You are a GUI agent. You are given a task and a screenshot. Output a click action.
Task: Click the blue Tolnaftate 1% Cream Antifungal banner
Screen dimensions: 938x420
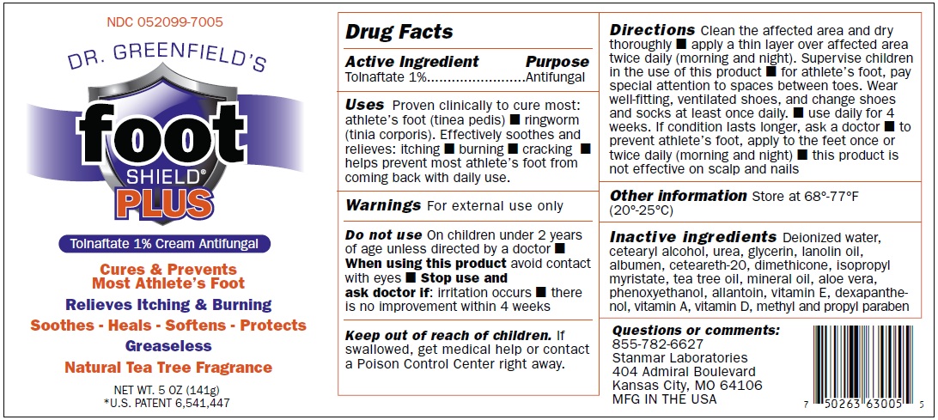[x=165, y=244]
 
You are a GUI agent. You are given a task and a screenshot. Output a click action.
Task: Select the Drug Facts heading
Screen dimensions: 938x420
[x=399, y=33]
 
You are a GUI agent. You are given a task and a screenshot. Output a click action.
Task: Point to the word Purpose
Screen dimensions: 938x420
[x=557, y=62]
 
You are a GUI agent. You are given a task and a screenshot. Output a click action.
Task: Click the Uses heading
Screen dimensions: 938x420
[x=364, y=106]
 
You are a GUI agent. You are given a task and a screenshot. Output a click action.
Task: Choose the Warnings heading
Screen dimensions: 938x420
[x=383, y=205]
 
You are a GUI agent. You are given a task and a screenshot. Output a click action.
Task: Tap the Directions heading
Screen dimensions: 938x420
[x=652, y=30]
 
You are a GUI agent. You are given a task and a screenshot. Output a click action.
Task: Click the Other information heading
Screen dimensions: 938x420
[x=679, y=196]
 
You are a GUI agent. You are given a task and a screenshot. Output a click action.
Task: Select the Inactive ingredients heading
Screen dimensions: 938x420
[x=692, y=236]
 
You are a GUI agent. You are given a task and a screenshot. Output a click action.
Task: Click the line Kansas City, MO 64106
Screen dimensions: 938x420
[x=687, y=386]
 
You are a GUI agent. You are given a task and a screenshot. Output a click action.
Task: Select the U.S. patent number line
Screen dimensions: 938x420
[x=167, y=403]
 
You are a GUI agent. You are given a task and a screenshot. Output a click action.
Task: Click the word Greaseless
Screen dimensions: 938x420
[x=168, y=346]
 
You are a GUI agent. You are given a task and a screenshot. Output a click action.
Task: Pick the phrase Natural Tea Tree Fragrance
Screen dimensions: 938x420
[x=168, y=368]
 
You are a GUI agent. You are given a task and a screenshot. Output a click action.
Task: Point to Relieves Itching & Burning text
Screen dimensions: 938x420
[x=168, y=305]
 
